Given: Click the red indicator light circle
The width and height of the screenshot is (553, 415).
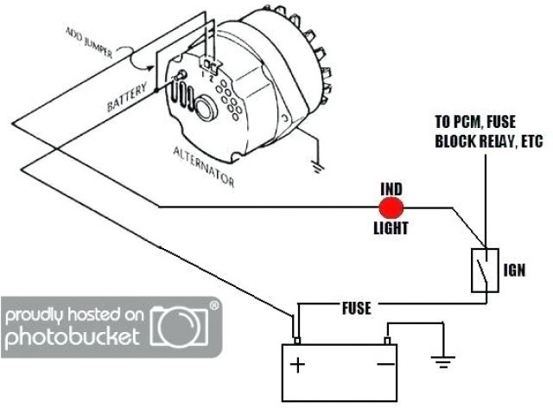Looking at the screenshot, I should [x=392, y=207].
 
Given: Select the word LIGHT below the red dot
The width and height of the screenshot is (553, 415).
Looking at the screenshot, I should [x=391, y=229].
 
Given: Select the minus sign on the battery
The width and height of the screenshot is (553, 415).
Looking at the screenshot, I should [x=383, y=364].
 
